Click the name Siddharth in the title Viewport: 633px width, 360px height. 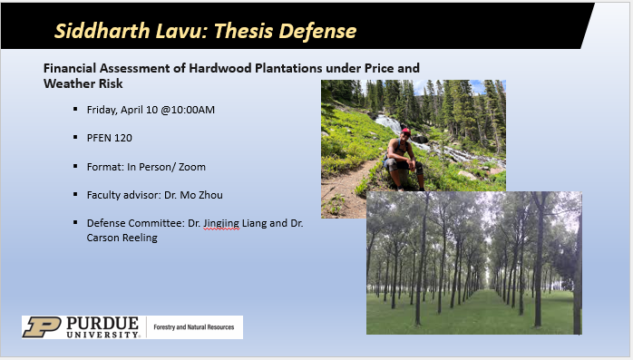tap(94, 31)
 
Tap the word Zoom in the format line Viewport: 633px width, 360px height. tap(193, 167)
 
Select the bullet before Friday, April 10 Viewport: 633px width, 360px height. tap(75, 110)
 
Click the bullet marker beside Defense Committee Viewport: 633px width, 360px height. tap(75, 223)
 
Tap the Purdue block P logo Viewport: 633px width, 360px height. tap(41, 327)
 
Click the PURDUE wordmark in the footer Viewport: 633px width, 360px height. tap(101, 324)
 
